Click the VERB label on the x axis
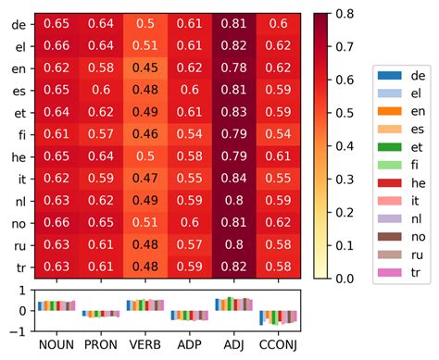point(144,344)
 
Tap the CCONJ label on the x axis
point(277,344)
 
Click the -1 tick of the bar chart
point(21,329)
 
